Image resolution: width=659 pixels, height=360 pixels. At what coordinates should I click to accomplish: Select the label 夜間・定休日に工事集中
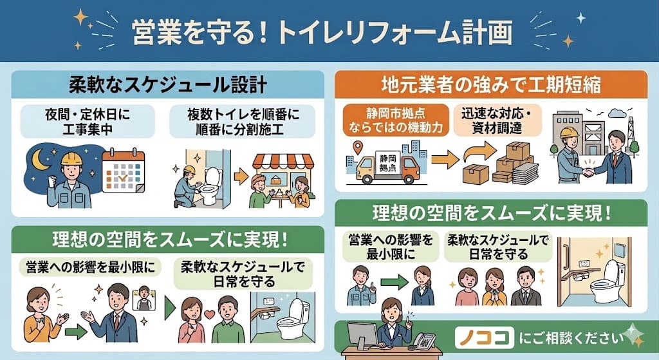88,122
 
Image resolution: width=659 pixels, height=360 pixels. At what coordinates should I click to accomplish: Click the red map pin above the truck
358,147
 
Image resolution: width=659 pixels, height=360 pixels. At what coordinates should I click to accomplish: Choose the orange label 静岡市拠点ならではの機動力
396,120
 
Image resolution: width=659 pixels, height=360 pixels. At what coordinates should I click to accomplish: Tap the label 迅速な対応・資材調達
497,120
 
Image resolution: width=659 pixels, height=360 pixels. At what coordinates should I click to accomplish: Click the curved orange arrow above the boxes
479,151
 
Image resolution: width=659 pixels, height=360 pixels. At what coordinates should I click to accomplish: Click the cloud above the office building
617,113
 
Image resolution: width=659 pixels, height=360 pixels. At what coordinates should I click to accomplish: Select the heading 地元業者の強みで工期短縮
491,84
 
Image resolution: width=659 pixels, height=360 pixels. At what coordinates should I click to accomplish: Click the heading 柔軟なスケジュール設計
168,85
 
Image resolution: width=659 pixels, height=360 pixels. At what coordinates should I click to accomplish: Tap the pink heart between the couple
209,314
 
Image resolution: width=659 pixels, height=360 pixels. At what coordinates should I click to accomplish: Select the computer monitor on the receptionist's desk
362,335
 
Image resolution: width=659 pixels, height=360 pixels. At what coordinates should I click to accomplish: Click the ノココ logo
484,338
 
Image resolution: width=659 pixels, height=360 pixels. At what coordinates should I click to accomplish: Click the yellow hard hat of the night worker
71,158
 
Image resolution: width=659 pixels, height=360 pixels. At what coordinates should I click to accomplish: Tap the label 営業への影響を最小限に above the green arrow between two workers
391,247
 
